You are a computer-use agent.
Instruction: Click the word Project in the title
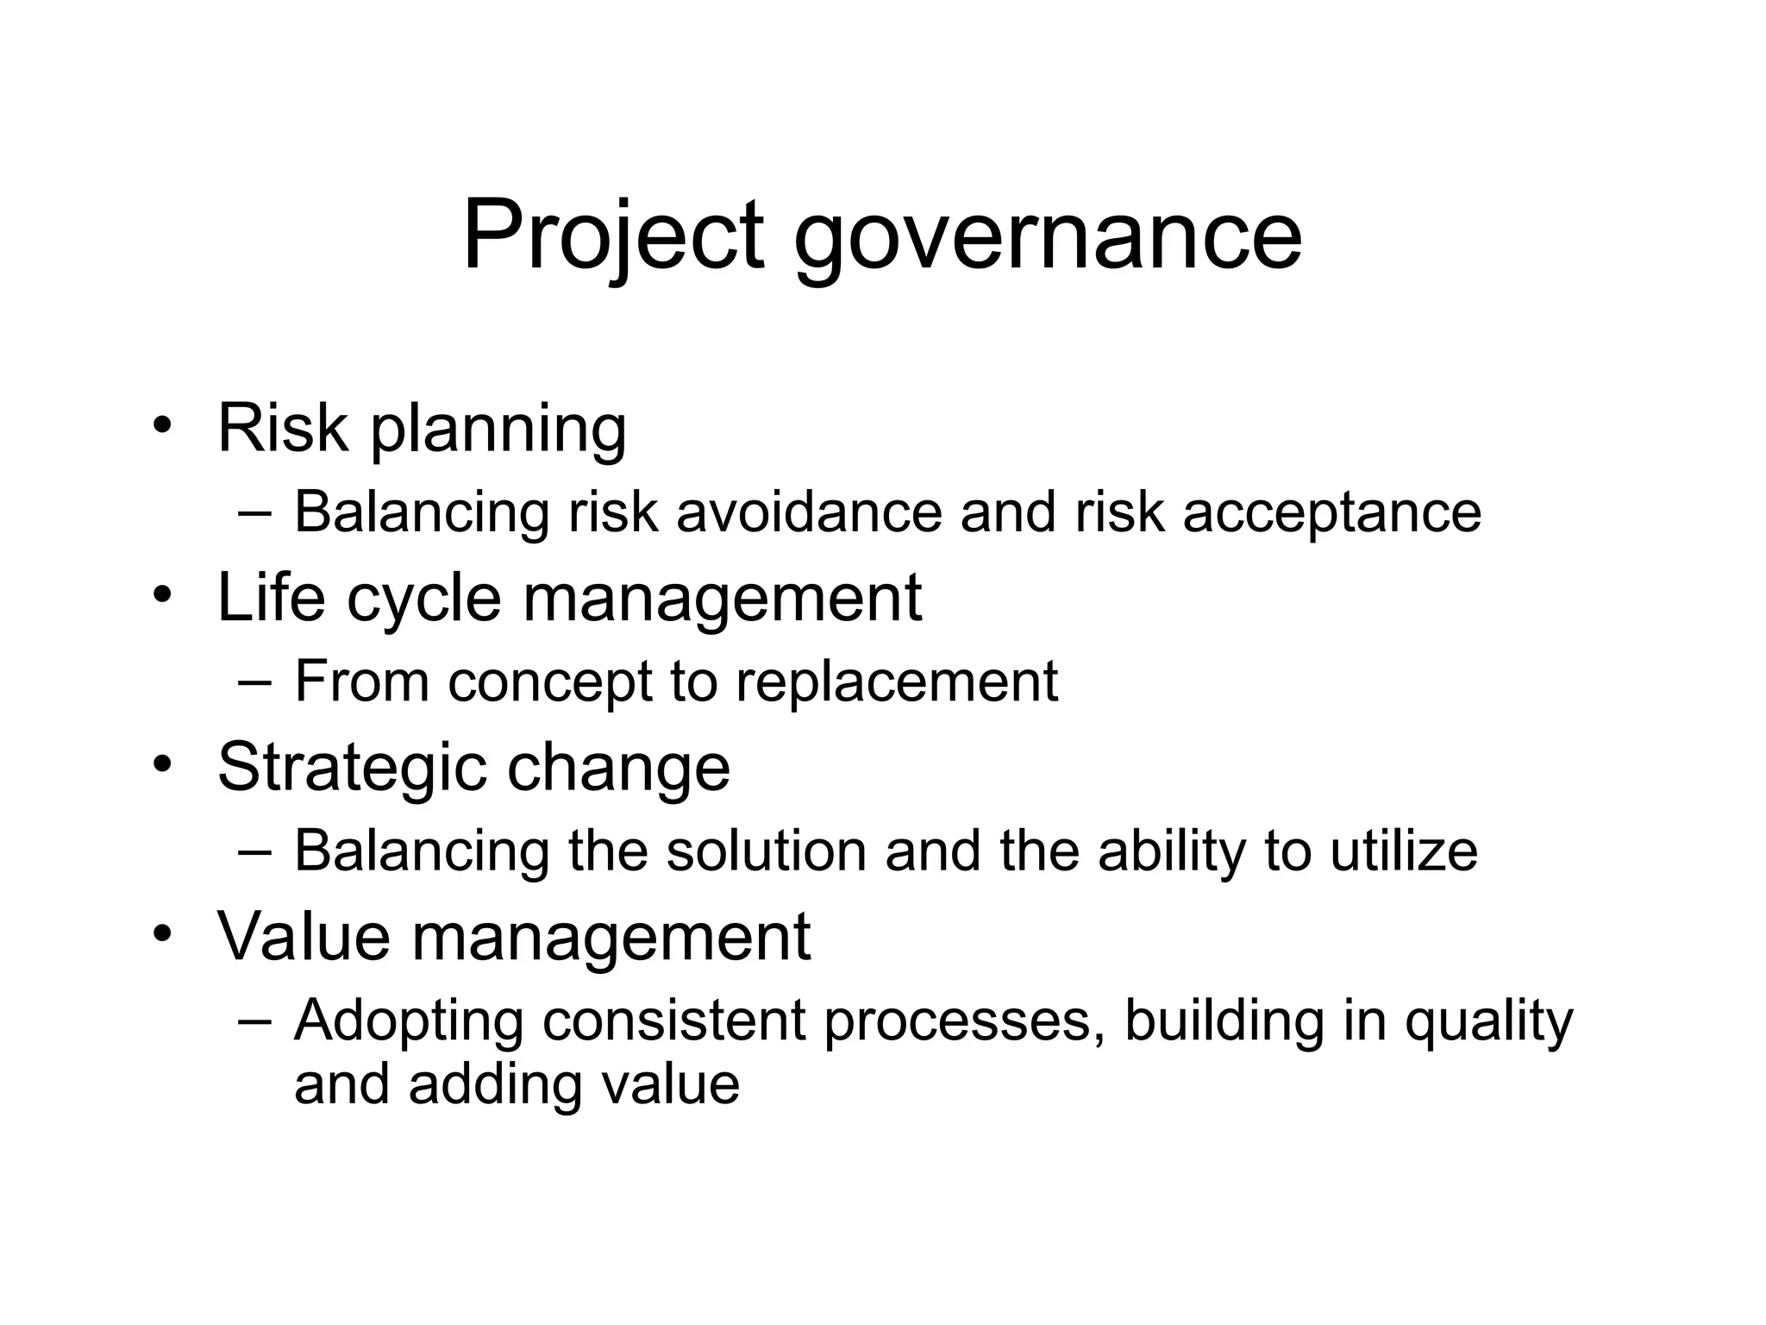point(613,235)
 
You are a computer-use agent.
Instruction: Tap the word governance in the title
point(1047,235)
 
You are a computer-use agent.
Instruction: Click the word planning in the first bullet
point(498,429)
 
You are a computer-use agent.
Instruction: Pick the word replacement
point(896,682)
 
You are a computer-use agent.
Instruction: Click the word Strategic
point(350,768)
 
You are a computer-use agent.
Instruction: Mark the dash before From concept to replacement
point(254,681)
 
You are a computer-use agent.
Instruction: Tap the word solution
point(766,851)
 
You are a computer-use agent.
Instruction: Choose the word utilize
point(1403,851)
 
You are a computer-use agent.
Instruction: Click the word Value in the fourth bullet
point(304,936)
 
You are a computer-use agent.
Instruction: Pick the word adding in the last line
point(495,1085)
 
